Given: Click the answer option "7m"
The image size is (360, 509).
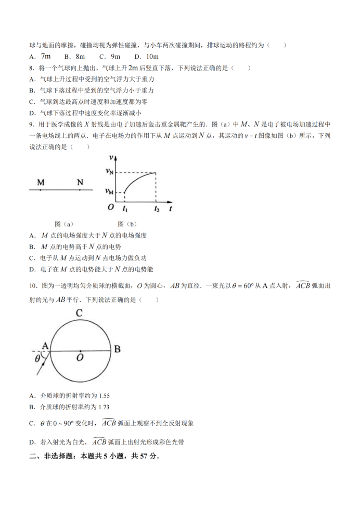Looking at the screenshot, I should pyautogui.click(x=45, y=56).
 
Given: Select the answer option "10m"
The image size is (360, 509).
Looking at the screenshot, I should pyautogui.click(x=152, y=56).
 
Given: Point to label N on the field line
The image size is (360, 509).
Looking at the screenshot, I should pyautogui.click(x=80, y=182).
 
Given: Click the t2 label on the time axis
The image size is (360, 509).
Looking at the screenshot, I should pyautogui.click(x=157, y=208).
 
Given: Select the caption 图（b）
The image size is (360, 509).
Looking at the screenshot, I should pyautogui.click(x=127, y=224).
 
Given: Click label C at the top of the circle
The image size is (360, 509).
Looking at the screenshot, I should pyautogui.click(x=80, y=313).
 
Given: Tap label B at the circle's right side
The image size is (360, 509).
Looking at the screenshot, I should pyautogui.click(x=117, y=349).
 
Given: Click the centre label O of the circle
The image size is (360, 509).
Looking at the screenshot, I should pyautogui.click(x=80, y=358).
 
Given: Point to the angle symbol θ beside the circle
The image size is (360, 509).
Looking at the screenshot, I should pyautogui.click(x=37, y=359).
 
